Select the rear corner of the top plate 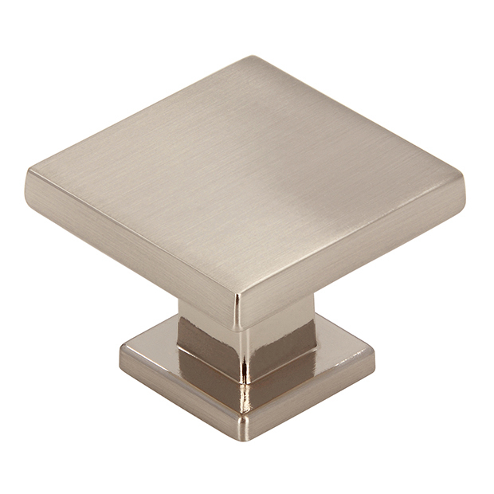point(253,57)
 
